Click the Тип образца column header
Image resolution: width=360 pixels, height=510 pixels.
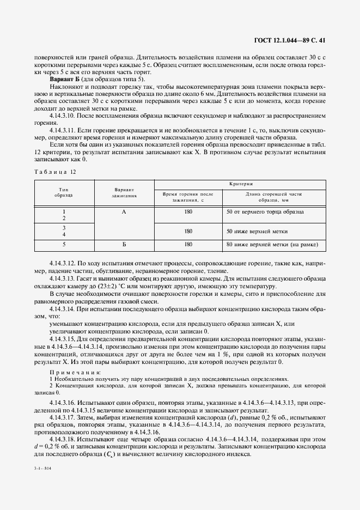[64, 191]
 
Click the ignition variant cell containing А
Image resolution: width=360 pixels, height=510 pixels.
[124, 211]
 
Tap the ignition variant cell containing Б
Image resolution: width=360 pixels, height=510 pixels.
[124, 245]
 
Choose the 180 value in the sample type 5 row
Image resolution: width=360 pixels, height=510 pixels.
[188, 245]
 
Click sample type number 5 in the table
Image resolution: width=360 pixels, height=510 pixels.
[64, 245]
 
